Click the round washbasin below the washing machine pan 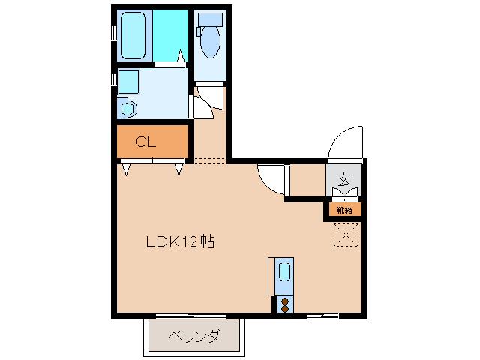pyautogui.click(x=127, y=109)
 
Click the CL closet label pyautogui.click(x=145, y=142)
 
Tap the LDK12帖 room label pyautogui.click(x=180, y=241)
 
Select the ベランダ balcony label pyautogui.click(x=193, y=336)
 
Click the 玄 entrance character pyautogui.click(x=343, y=180)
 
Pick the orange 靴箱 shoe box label pyautogui.click(x=343, y=210)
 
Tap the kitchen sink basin pyautogui.click(x=285, y=271)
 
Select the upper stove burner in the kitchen pyautogui.click(x=285, y=301)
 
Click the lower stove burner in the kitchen pyautogui.click(x=285, y=308)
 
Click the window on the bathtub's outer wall pyautogui.click(x=114, y=35)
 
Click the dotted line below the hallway pyautogui.click(x=210, y=160)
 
